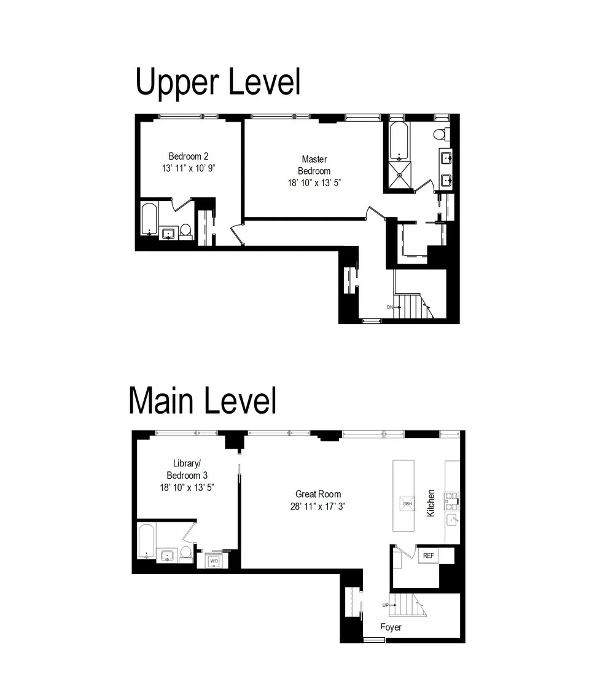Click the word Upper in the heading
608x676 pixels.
point(175,83)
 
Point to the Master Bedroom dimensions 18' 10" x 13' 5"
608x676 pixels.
point(314,183)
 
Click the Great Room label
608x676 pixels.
point(318,493)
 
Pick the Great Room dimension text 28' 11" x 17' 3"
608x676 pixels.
point(318,506)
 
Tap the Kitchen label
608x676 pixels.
point(431,503)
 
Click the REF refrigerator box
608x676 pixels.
point(429,556)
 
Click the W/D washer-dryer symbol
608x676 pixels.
point(214,561)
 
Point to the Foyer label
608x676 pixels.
point(391,627)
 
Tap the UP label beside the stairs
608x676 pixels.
point(386,605)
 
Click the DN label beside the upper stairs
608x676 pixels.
point(389,307)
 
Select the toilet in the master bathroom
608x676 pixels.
point(440,134)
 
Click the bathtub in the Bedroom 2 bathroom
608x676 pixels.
point(149,219)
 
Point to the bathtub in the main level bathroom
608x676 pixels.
point(146,541)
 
